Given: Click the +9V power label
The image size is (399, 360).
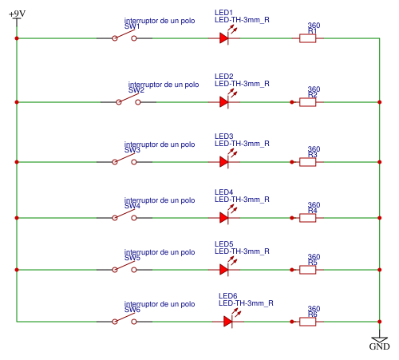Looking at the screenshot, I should (x=17, y=14).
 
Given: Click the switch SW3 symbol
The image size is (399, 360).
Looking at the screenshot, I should (x=124, y=161).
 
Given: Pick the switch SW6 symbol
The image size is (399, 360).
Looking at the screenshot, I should (x=124, y=321).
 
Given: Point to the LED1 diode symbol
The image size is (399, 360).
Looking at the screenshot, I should (x=225, y=38).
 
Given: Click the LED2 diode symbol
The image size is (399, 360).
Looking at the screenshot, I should (x=225, y=101).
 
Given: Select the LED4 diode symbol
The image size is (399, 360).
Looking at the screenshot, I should (x=225, y=217).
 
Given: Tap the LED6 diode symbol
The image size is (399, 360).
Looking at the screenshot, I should (x=228, y=321).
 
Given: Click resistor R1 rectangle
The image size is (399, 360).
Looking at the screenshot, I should (x=307, y=38).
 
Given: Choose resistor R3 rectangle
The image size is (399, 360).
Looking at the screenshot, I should (x=307, y=161).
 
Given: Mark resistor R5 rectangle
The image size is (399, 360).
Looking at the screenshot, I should (x=307, y=270).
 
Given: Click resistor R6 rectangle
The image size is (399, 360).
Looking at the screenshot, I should (x=307, y=321).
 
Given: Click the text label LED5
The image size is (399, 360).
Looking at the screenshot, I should (x=224, y=243).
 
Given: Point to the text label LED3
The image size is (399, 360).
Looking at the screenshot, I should (x=224, y=136).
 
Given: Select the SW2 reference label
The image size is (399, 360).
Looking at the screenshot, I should (x=136, y=90).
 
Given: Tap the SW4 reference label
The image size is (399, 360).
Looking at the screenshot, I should (x=132, y=206).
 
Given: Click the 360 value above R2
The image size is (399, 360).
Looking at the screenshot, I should (x=314, y=89).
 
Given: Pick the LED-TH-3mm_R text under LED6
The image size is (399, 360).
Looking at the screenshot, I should (x=246, y=303).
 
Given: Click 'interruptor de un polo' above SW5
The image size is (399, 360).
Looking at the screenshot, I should (x=160, y=251).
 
